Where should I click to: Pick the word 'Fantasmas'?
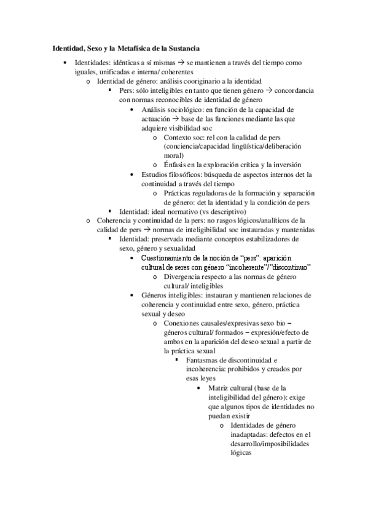coord(201,359)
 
